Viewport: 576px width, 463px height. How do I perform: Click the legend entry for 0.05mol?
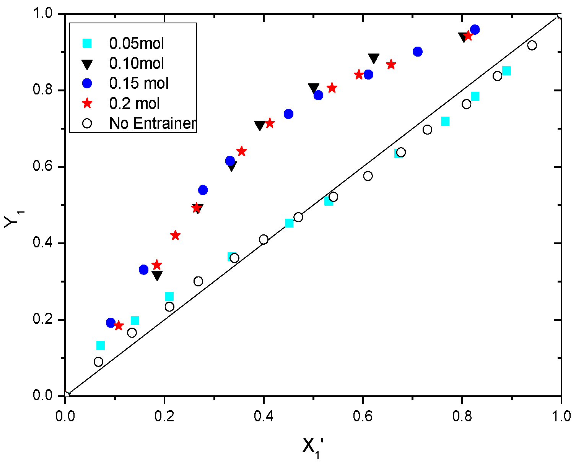pyautogui.click(x=137, y=43)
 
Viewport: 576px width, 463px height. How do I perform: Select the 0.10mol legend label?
pyautogui.click(x=137, y=63)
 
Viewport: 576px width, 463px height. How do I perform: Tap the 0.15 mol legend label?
pyautogui.click(x=139, y=83)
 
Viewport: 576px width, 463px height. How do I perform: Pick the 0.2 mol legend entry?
pyautogui.click(x=135, y=103)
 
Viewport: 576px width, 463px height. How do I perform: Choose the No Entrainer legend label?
pyautogui.click(x=152, y=123)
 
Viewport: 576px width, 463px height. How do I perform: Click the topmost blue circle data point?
pyautogui.click(x=475, y=29)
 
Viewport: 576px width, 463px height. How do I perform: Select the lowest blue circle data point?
pyautogui.click(x=111, y=323)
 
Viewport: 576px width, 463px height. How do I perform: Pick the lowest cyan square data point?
pyautogui.click(x=101, y=346)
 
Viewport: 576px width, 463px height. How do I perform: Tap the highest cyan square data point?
pyautogui.click(x=506, y=71)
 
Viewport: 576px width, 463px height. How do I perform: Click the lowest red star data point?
pyautogui.click(x=119, y=326)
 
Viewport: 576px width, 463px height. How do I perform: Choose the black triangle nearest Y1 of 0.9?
pyautogui.click(x=374, y=58)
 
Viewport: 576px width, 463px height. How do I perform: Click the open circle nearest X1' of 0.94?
pyautogui.click(x=532, y=45)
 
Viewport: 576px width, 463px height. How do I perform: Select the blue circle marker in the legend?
pyautogui.click(x=88, y=83)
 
